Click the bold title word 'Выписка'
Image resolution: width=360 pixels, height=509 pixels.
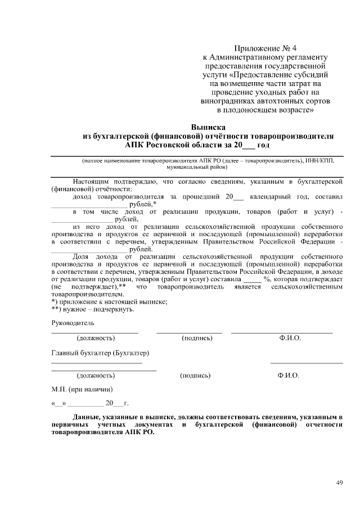pos(208,127)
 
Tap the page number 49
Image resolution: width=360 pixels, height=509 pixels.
pos(339,482)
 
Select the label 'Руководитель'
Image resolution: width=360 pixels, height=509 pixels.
pos(73,323)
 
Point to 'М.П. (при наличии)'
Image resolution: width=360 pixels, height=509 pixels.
pos(82,389)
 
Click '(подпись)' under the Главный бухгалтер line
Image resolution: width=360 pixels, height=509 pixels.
pos(195,375)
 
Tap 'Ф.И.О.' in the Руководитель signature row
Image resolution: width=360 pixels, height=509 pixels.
pos(290,338)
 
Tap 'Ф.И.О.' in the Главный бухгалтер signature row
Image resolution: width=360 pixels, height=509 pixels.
pos(288,375)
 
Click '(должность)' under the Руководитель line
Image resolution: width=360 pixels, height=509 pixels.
pos(96,338)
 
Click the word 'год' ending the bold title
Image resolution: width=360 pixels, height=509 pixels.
pos(263,145)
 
